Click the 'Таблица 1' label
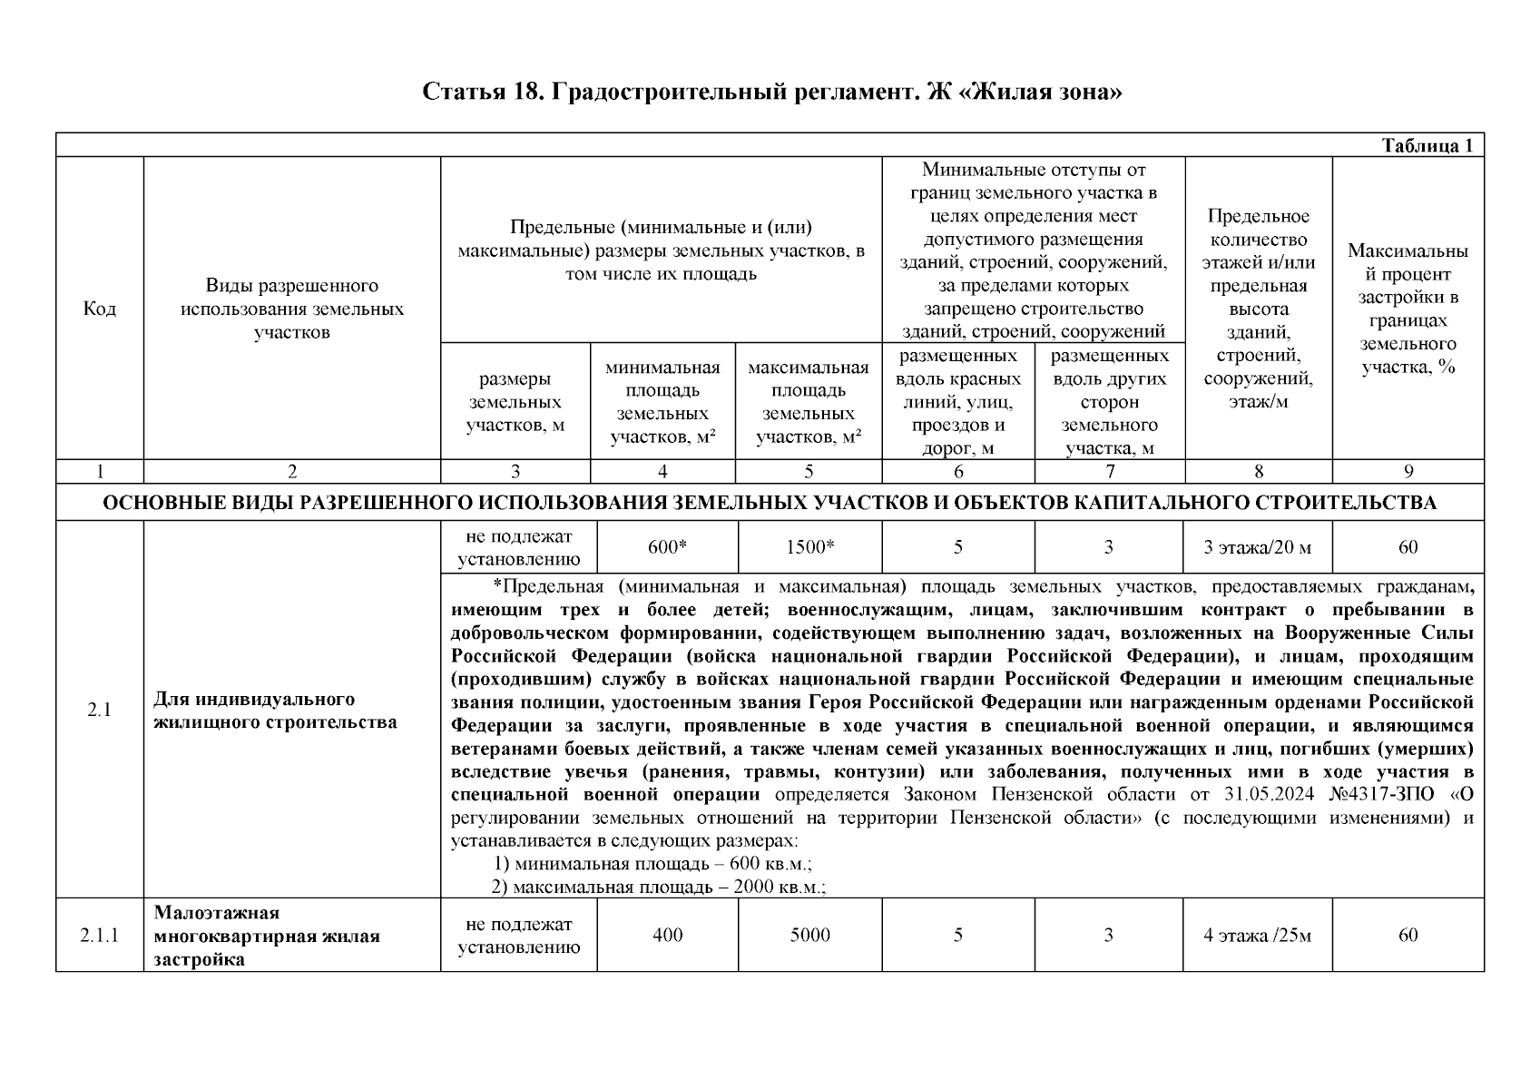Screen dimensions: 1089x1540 click(1427, 146)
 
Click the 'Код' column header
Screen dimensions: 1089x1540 click(99, 309)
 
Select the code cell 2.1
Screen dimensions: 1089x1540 click(99, 711)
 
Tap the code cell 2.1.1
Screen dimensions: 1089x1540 click(99, 936)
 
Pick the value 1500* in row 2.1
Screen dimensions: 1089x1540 click(809, 547)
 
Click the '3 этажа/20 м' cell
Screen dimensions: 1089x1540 click(1257, 547)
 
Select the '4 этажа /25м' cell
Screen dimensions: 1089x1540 click(1257, 936)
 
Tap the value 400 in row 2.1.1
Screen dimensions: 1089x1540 click(667, 936)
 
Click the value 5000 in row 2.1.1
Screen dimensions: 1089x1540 click(809, 936)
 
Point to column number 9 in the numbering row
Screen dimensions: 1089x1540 click(1408, 471)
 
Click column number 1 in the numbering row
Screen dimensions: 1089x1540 click(99, 471)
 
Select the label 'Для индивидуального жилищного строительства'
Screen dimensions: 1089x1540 click(275, 711)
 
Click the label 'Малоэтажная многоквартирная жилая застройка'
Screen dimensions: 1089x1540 click(267, 936)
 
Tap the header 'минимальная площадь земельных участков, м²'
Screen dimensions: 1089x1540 click(662, 402)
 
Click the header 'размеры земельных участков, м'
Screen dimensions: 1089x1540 click(515, 402)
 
